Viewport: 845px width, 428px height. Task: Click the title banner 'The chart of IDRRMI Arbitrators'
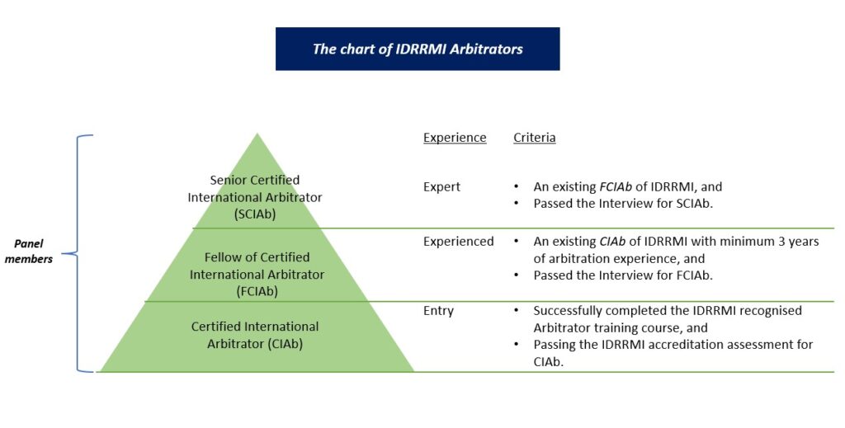[418, 49]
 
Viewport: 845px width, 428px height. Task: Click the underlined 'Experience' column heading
[455, 138]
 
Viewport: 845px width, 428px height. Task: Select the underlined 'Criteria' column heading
[534, 138]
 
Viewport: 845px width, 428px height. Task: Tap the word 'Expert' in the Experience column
[441, 187]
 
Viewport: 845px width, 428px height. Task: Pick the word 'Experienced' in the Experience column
[458, 242]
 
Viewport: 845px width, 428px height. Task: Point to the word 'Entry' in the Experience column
[438, 311]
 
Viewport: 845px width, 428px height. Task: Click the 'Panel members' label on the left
[34, 252]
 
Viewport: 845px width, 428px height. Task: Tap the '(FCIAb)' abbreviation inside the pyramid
[257, 290]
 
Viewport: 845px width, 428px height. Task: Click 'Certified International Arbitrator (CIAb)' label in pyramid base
[255, 335]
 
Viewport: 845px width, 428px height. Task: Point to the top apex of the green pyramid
[257, 135]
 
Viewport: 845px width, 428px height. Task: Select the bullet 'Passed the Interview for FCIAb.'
[623, 275]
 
